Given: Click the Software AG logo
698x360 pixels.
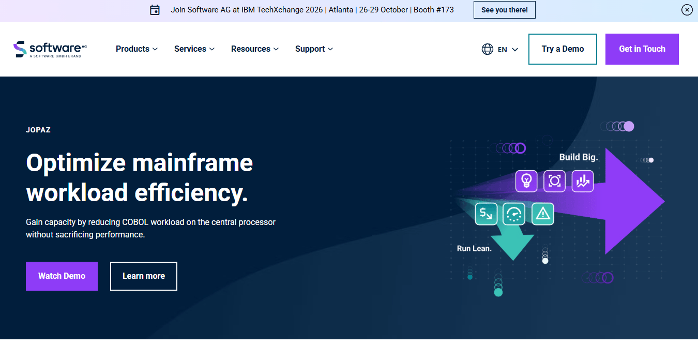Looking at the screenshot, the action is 50,49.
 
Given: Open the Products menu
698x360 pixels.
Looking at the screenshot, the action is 136,49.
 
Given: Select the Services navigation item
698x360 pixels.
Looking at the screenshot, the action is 194,49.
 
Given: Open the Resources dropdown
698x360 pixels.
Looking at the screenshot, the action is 254,49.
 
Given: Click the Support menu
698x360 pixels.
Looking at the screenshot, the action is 314,49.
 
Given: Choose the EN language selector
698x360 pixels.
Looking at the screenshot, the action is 500,49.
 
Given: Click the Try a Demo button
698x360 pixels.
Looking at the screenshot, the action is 563,49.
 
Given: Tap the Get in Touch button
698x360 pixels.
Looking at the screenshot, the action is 642,49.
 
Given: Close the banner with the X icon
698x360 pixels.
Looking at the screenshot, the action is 687,10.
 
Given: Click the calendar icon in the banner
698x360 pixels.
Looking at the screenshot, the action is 155,10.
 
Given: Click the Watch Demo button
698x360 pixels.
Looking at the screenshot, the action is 62,276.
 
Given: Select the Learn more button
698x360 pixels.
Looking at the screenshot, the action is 144,276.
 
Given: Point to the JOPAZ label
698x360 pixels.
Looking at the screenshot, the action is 38,130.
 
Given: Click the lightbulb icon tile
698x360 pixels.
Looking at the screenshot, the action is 526,181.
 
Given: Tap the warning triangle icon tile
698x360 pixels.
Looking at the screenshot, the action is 543,214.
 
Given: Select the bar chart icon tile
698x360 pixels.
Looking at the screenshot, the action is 582,181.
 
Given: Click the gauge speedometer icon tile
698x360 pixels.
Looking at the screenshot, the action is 514,214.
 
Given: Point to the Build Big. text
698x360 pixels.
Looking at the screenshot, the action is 579,157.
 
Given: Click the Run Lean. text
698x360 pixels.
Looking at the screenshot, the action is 474,248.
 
